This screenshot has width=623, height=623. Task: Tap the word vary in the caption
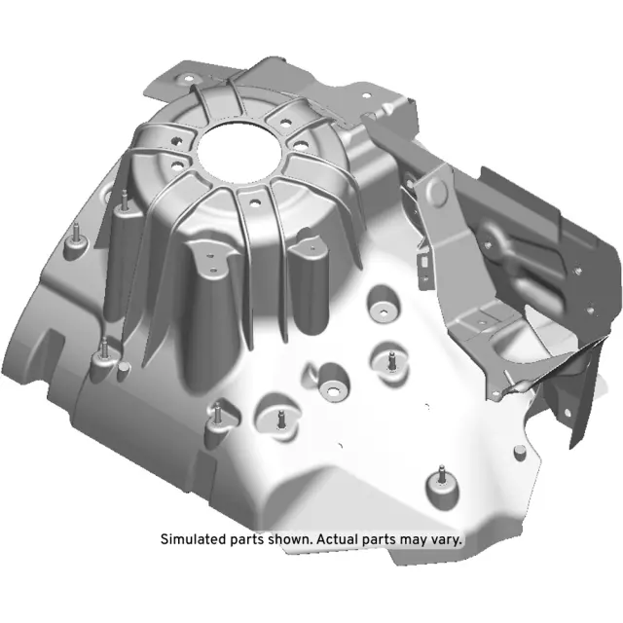click(x=447, y=539)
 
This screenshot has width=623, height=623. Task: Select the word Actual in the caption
click(x=346, y=539)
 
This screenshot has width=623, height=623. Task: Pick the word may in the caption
click(x=413, y=539)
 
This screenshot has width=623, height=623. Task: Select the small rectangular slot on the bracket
click(x=425, y=260)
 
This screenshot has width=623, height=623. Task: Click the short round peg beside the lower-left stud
click(x=123, y=369)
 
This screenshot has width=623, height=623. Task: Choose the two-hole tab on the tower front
click(x=212, y=258)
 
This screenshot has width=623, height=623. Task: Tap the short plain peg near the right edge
click(x=522, y=450)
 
